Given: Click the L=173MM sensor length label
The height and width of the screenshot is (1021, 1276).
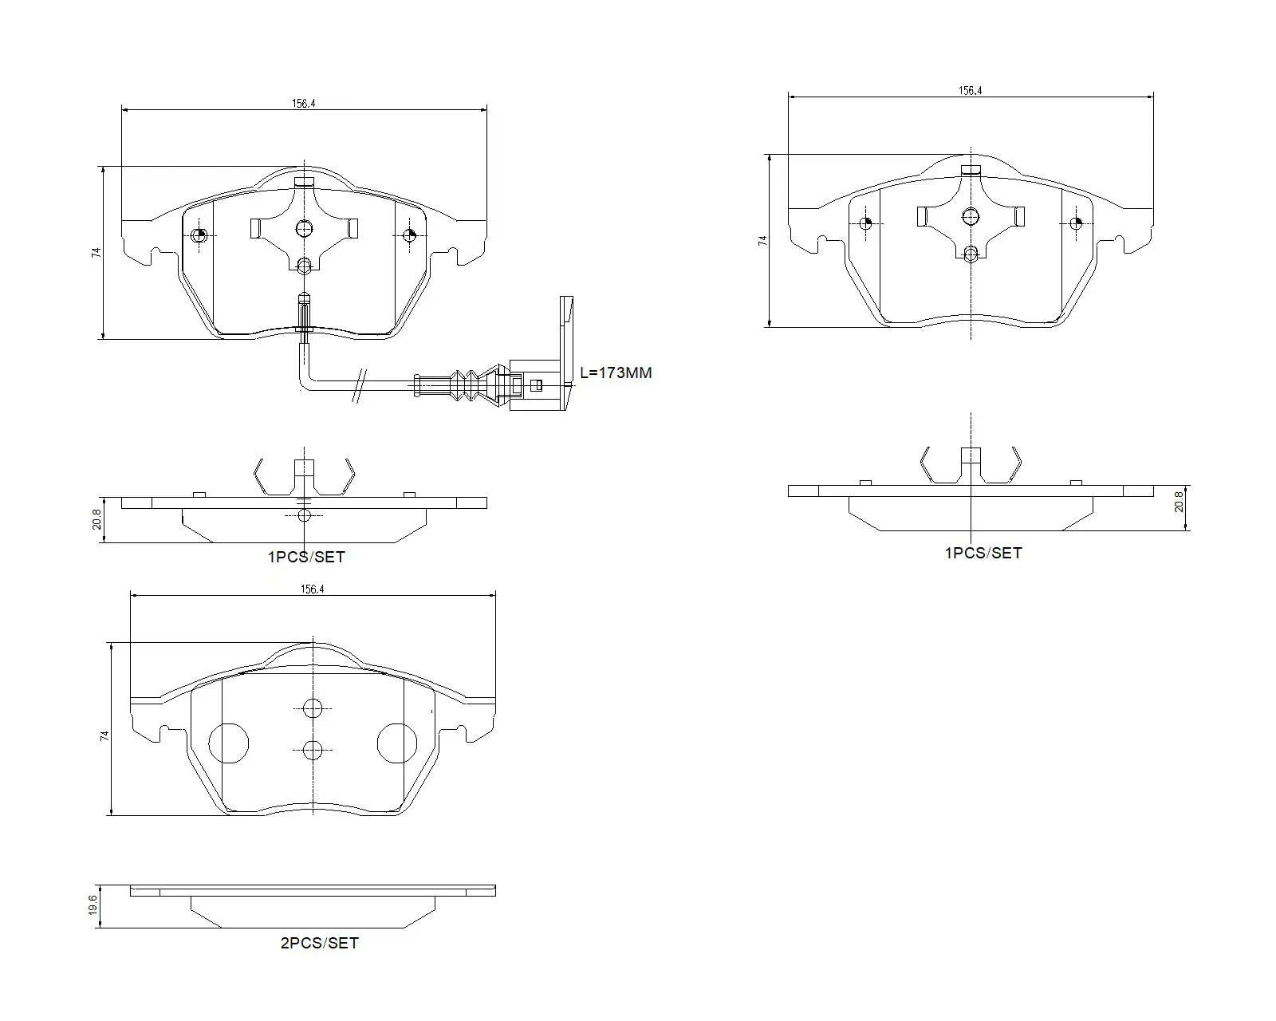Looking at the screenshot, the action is click(x=616, y=373).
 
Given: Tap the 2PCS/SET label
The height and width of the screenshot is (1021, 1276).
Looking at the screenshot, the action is click(x=320, y=943).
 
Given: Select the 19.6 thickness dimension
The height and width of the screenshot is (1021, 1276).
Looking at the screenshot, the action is click(x=93, y=905).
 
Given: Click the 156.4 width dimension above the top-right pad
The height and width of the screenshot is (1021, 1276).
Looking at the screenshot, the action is click(x=970, y=91).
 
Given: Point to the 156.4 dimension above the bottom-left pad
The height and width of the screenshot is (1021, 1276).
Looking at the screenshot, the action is click(x=312, y=589).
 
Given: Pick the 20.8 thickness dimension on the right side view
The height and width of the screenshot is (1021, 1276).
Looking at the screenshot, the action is click(x=1179, y=501).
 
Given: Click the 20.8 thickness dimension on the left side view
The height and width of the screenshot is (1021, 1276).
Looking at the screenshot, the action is click(x=96, y=519).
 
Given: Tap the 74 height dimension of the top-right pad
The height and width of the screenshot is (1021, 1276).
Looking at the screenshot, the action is click(x=762, y=240).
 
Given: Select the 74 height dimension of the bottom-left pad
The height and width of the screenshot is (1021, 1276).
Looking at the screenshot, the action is click(x=105, y=736).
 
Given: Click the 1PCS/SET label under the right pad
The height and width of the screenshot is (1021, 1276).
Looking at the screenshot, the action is click(x=983, y=553).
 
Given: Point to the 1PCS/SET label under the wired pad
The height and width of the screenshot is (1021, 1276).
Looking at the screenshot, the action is click(x=306, y=557).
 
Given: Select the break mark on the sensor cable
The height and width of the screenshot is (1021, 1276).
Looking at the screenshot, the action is click(x=360, y=385).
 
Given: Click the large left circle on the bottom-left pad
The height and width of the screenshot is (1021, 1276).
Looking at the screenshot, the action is click(x=229, y=743).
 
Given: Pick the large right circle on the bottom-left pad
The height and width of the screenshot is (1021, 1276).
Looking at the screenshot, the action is click(x=397, y=743).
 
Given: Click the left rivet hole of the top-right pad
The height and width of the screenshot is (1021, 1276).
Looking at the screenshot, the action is click(x=866, y=223).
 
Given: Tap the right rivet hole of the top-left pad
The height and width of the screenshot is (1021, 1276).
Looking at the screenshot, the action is click(x=409, y=235).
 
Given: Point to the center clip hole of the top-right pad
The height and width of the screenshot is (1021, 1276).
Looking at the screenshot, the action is click(x=971, y=216).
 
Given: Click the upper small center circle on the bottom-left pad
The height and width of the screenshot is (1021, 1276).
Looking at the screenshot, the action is click(x=313, y=708).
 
